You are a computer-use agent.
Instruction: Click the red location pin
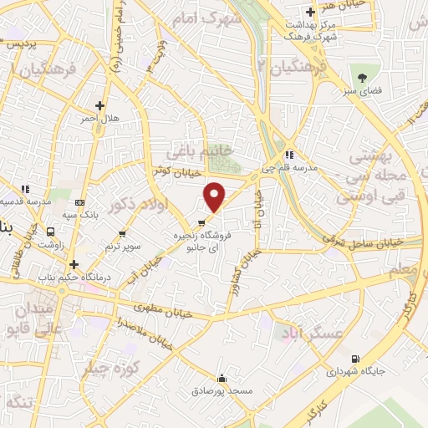[x=216, y=196]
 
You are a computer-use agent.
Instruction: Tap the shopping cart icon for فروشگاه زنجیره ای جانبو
[x=201, y=222]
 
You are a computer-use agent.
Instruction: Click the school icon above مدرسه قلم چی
[x=289, y=155]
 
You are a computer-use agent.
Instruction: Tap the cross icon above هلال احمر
[x=100, y=105]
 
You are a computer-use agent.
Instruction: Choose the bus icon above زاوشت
[x=52, y=233]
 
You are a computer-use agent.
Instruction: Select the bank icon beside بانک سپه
[x=79, y=203]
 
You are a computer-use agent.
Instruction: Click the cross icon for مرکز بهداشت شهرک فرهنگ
[x=310, y=13]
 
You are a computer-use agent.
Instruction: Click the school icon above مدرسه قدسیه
[x=26, y=189]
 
